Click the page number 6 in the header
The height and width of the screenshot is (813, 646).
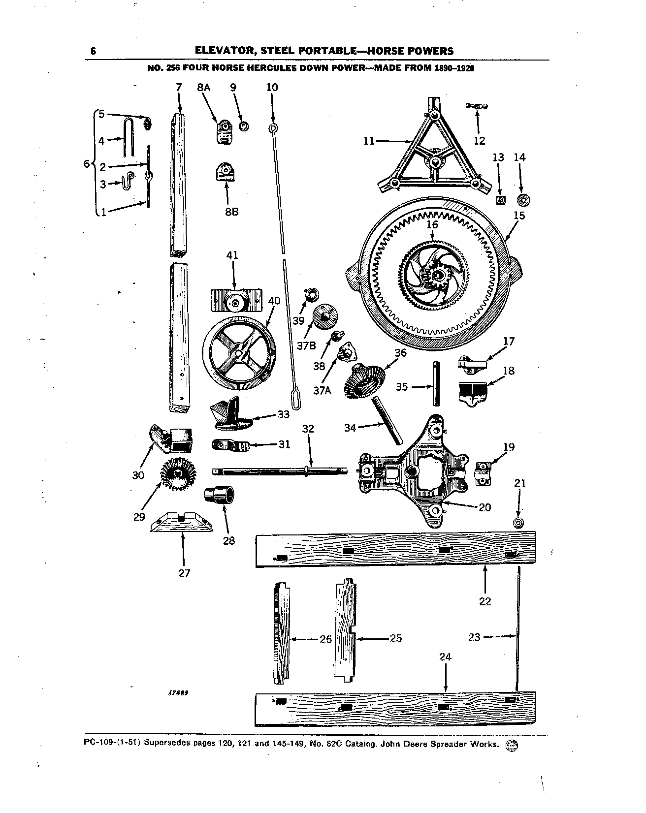(x=93, y=51)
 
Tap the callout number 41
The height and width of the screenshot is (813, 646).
(x=232, y=255)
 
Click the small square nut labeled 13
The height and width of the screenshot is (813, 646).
(x=501, y=200)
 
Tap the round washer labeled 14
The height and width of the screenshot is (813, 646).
(x=522, y=200)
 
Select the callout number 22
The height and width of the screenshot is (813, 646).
(x=485, y=601)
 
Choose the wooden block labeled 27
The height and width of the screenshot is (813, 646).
(x=181, y=522)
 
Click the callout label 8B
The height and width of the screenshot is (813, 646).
(x=231, y=212)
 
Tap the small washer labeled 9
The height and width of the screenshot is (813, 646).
(x=243, y=126)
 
